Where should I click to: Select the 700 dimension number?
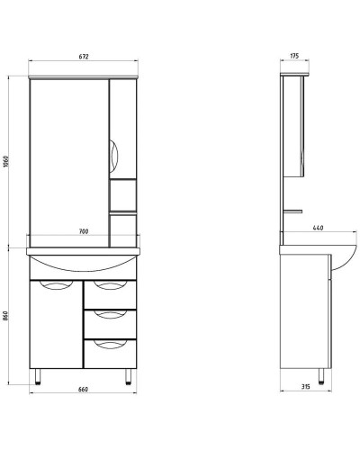[83, 233]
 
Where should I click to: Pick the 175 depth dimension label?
[294, 56]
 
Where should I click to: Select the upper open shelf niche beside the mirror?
[123, 194]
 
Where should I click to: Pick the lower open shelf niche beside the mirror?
[123, 227]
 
